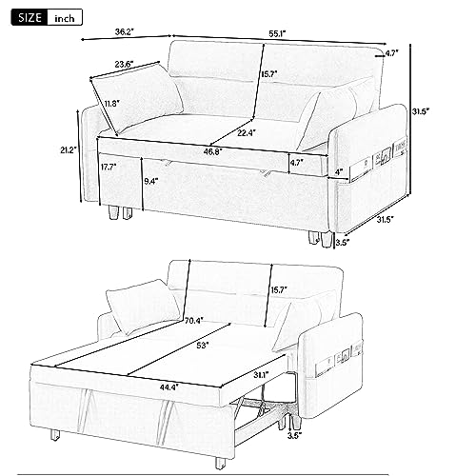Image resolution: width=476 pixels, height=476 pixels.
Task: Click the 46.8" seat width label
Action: (x=197, y=149)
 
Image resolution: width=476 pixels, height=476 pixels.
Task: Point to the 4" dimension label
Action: (x=339, y=172)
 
